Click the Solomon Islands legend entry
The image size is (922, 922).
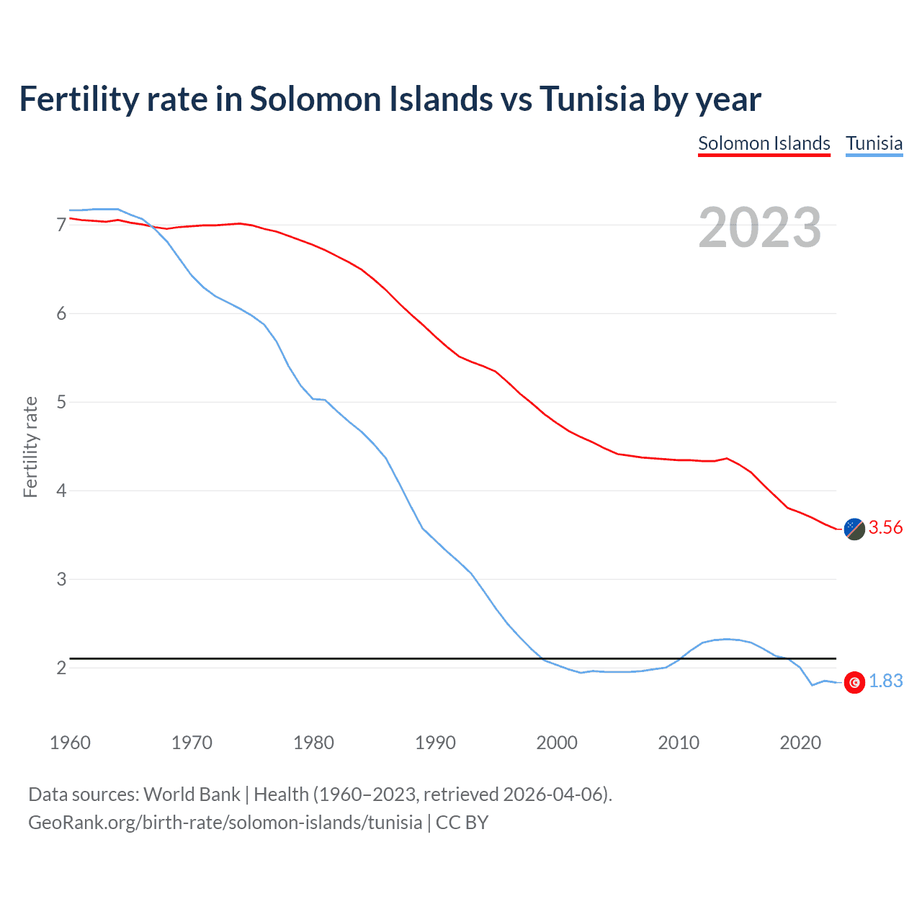tap(764, 143)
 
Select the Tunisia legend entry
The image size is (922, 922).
tap(874, 143)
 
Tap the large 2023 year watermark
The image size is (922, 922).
tap(760, 228)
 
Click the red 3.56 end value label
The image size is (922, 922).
tap(885, 527)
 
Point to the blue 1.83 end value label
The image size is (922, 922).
tap(885, 681)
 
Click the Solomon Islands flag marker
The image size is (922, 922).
tap(854, 529)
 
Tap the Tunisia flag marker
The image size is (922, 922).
tap(854, 682)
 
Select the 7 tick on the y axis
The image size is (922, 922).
tap(61, 225)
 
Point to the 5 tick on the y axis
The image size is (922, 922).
tap(61, 402)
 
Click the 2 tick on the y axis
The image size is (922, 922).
tap(61, 668)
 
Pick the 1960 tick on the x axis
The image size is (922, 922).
tap(70, 743)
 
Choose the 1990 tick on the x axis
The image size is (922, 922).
tap(435, 743)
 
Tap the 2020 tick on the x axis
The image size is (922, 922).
tap(800, 743)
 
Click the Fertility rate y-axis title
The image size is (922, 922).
tap(30, 447)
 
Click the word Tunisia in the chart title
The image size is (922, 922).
tap(592, 99)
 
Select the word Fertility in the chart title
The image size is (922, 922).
tap(79, 99)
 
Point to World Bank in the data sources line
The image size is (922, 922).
tap(192, 795)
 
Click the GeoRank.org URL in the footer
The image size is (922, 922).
tap(225, 823)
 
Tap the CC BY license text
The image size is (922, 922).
tap(462, 823)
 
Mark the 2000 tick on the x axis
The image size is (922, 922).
tap(557, 743)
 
